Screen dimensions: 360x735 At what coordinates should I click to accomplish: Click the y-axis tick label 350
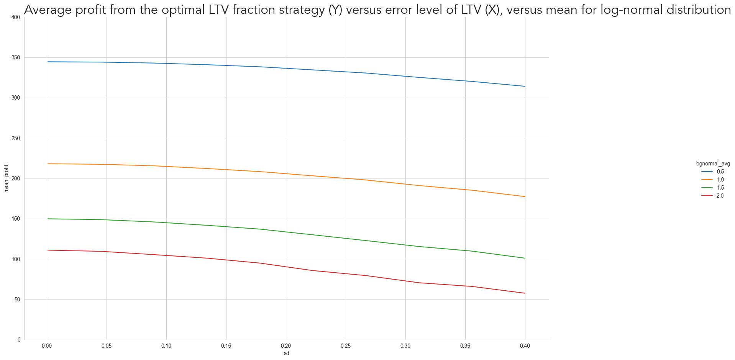click(x=16, y=57)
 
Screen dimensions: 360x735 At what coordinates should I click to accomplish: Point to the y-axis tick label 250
click(x=16, y=138)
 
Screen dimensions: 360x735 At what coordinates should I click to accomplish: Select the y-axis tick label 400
click(x=16, y=17)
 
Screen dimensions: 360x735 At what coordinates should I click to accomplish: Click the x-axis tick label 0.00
click(x=47, y=346)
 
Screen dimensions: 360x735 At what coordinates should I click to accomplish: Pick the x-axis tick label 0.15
click(x=226, y=346)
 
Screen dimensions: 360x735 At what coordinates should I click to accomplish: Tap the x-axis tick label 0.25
click(x=346, y=346)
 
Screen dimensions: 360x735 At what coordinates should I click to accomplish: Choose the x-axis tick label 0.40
click(x=525, y=346)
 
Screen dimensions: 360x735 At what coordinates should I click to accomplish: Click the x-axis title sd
click(x=286, y=353)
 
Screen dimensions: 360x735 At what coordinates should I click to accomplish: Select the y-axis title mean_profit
click(x=6, y=178)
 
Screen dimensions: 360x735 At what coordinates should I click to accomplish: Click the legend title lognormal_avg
click(x=713, y=164)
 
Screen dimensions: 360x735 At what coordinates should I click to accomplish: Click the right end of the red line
click(x=525, y=293)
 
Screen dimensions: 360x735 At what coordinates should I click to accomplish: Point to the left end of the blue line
click(x=47, y=62)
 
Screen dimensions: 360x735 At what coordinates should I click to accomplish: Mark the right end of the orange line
click(x=525, y=196)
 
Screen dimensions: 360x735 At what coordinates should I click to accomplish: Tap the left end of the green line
click(x=47, y=219)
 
